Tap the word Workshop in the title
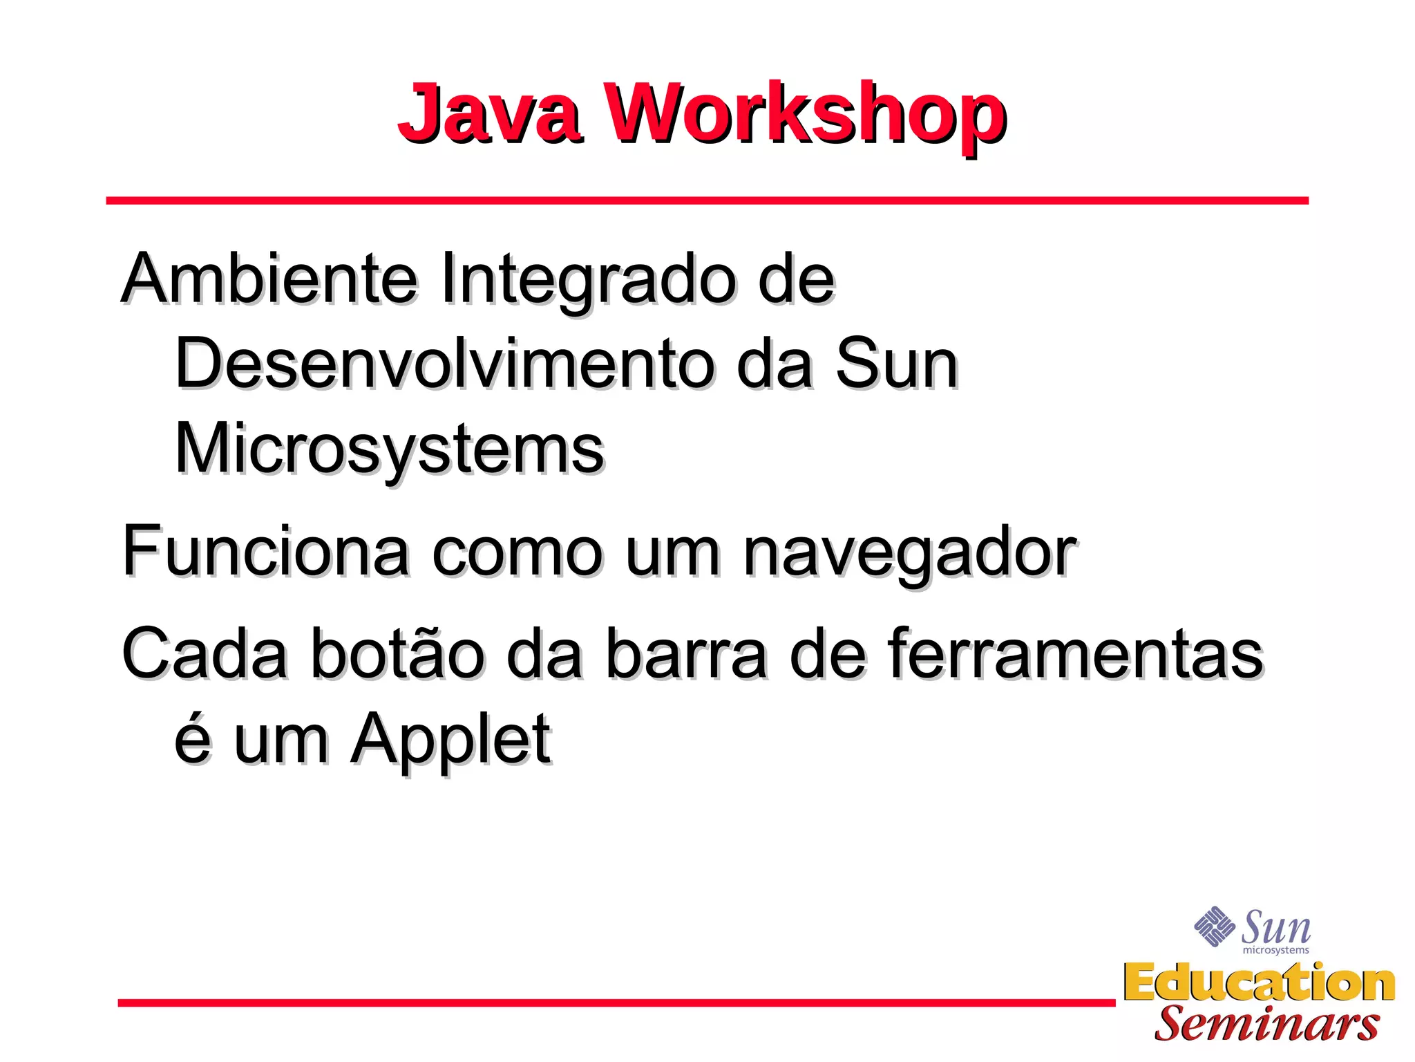806,114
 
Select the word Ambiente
269,279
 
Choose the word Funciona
266,552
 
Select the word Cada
205,653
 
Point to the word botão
397,653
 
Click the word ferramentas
1075,653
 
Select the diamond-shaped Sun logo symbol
1215,926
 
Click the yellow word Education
1259,982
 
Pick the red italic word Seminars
1266,1024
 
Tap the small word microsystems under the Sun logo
1275,951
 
